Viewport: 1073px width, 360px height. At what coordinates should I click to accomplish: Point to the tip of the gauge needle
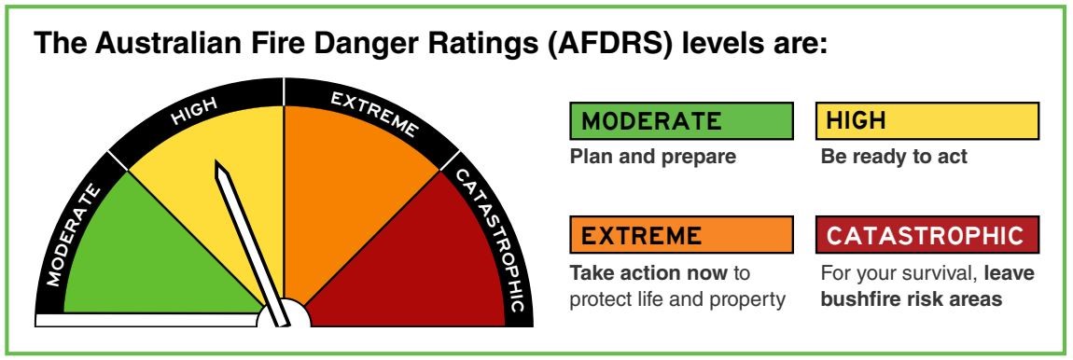(216, 162)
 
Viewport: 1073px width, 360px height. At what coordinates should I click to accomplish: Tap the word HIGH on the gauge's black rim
(194, 111)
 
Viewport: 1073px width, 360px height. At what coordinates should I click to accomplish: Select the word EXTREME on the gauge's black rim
(373, 114)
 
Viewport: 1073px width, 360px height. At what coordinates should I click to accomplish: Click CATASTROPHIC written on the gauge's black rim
(489, 240)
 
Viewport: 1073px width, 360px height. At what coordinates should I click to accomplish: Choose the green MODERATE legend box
(681, 120)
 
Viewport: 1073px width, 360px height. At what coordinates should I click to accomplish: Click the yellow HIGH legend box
(927, 120)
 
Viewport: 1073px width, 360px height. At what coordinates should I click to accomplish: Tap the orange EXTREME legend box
(681, 235)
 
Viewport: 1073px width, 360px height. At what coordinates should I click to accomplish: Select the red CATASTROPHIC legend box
(927, 235)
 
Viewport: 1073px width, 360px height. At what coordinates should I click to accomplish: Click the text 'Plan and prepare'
(653, 157)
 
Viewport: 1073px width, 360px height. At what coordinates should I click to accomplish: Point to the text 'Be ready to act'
(894, 157)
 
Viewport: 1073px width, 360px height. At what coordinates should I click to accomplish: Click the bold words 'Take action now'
(648, 273)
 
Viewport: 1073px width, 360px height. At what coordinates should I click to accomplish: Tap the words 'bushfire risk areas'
(912, 299)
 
